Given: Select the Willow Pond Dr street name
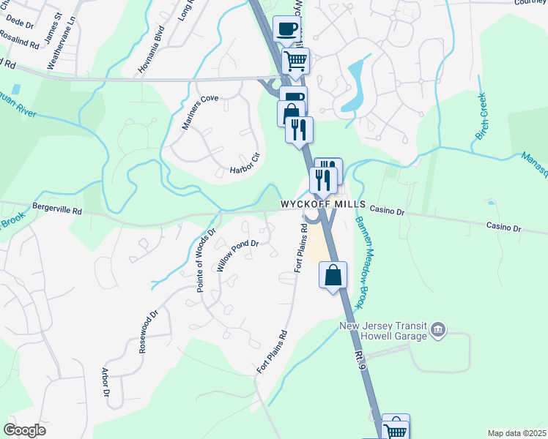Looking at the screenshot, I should point(238,255).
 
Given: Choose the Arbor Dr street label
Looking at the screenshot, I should point(105,382).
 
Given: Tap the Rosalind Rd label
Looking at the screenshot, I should point(20,40).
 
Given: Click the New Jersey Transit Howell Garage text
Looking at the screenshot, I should point(383,331).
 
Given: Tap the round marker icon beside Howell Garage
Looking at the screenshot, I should point(438,331).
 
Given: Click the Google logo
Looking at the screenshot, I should point(24,430).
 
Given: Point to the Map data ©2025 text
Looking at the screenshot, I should point(517,433).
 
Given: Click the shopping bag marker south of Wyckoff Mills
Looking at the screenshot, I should point(333,276).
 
